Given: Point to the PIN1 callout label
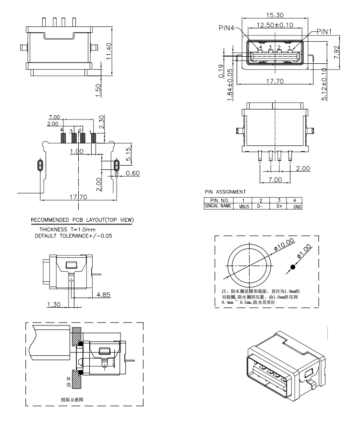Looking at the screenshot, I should click(x=324, y=32).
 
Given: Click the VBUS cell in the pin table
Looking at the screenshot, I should click(x=243, y=207).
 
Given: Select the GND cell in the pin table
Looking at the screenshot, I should click(x=298, y=207).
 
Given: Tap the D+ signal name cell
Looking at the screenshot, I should click(x=279, y=207).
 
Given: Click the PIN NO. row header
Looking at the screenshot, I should click(x=219, y=200).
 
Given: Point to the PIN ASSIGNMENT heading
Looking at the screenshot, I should click(x=225, y=192).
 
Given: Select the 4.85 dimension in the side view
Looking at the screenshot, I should click(x=104, y=294).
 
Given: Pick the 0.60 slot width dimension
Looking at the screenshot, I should click(x=132, y=173).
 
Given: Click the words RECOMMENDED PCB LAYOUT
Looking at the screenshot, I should click(x=67, y=220).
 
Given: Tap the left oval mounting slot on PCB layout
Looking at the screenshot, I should click(x=40, y=165).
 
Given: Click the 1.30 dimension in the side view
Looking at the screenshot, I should click(x=54, y=304).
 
